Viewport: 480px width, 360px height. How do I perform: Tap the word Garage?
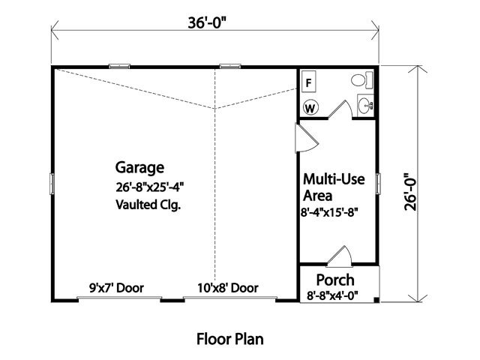(x=139, y=167)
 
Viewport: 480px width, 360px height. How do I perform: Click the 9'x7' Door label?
(x=116, y=287)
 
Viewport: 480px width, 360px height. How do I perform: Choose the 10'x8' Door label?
(x=226, y=287)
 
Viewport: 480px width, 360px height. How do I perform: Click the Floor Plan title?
(x=229, y=338)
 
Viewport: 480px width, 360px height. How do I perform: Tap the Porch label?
(x=336, y=281)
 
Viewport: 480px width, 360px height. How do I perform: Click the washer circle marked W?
(x=310, y=108)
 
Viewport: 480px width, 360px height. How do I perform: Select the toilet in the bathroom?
(x=358, y=81)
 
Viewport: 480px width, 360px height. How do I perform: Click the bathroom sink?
(x=365, y=106)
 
